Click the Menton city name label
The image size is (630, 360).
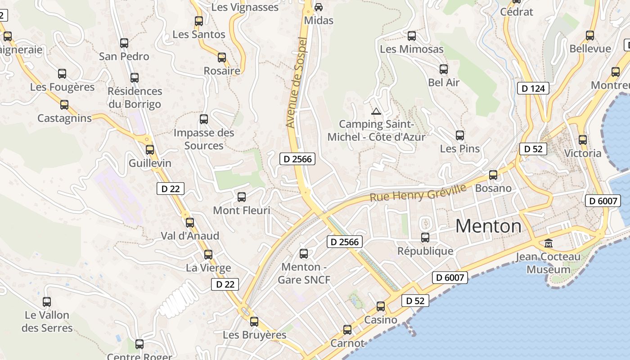tap(488, 226)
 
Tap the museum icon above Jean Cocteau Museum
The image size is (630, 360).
tap(549, 243)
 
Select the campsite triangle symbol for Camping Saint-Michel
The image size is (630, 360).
tap(376, 111)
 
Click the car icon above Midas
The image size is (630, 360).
tap(319, 7)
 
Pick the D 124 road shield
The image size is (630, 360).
tap(534, 89)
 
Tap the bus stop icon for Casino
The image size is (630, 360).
tap(381, 306)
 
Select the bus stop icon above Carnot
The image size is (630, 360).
tap(347, 330)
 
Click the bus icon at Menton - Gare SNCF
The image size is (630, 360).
tap(304, 254)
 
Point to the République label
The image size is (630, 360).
tap(425, 251)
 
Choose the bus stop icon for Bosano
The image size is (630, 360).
tap(493, 175)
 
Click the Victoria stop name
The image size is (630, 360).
tap(582, 153)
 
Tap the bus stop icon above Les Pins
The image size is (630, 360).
tap(459, 135)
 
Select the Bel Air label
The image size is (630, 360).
tap(444, 82)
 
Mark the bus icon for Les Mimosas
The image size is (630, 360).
tap(412, 36)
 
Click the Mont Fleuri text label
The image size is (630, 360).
tap(242, 210)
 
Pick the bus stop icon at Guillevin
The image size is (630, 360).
tap(150, 150)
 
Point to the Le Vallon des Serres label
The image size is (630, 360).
tap(47, 321)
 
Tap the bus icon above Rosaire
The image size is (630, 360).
tap(222, 58)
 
